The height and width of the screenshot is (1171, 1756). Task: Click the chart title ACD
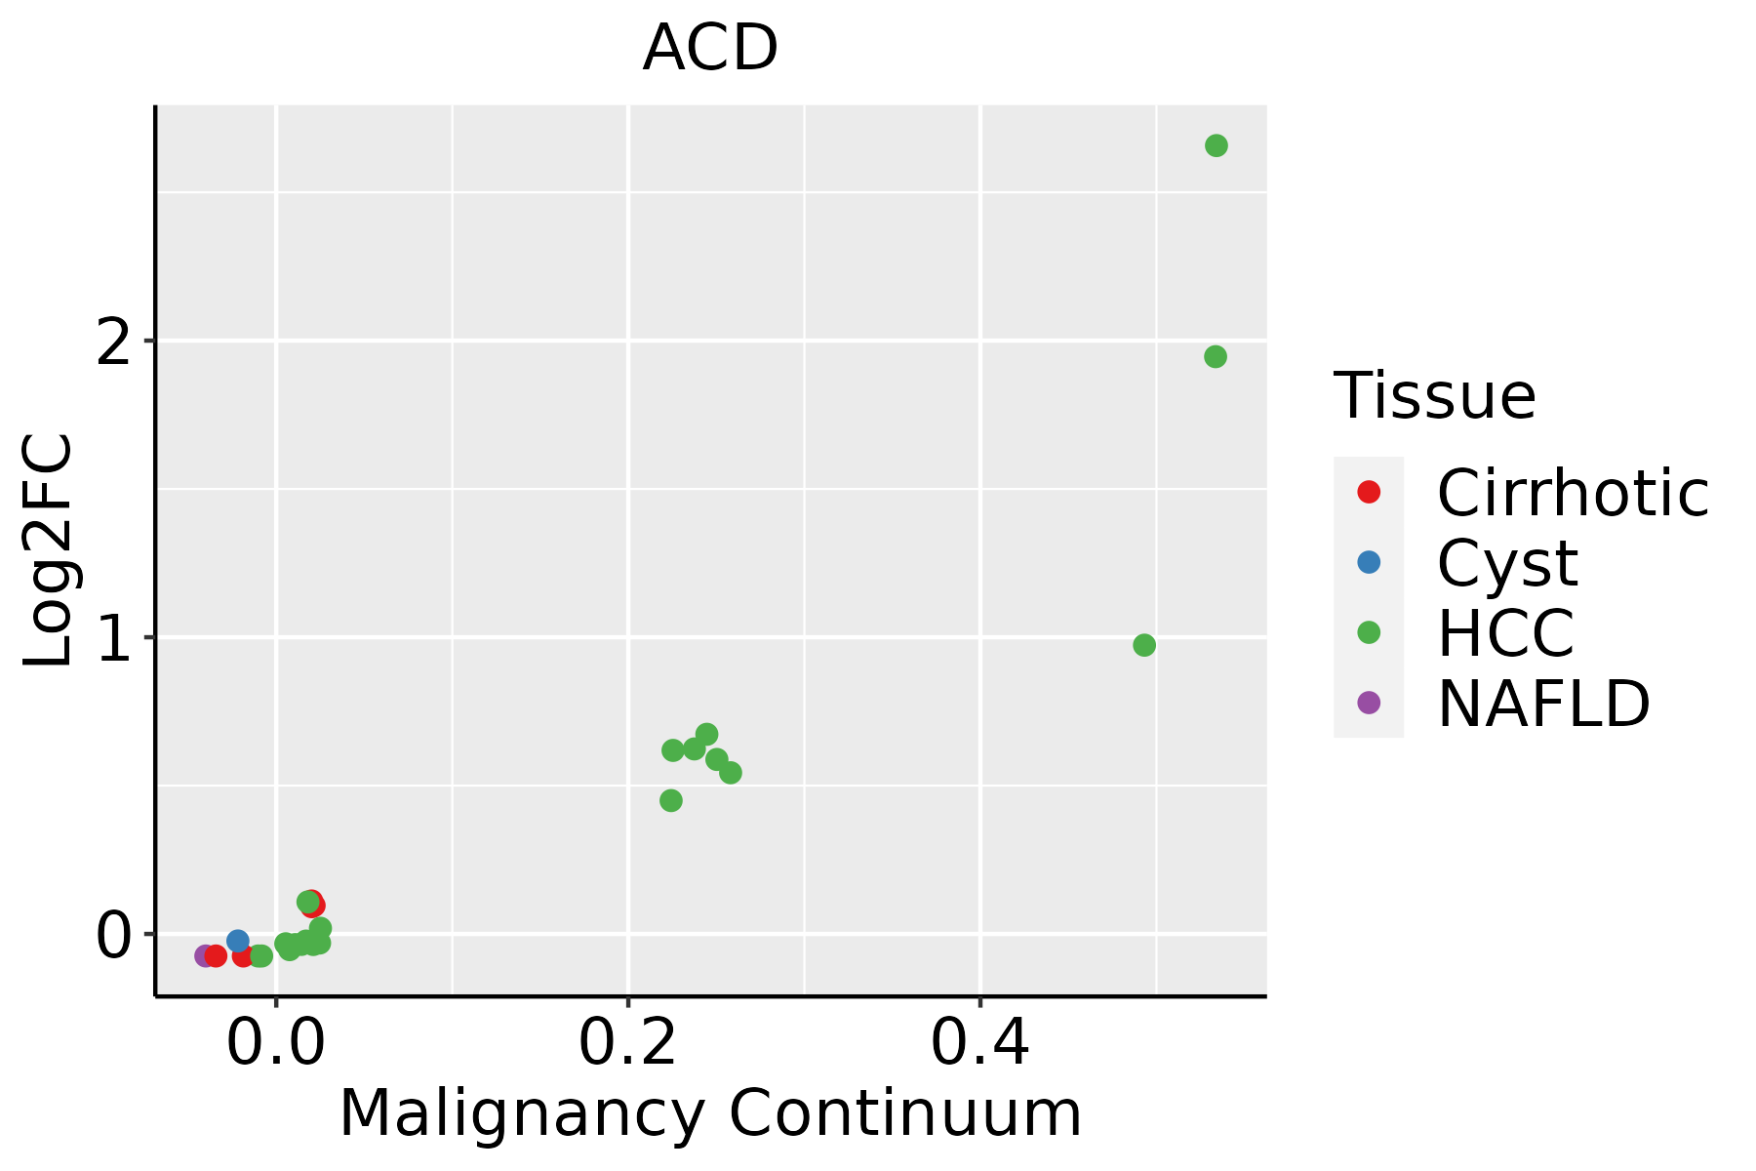(710, 49)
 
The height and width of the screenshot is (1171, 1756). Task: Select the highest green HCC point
(1216, 145)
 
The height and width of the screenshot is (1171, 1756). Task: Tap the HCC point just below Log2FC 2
(1215, 357)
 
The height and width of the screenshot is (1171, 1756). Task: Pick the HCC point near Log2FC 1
(1144, 645)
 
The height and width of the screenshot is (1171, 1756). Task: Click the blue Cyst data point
(237, 941)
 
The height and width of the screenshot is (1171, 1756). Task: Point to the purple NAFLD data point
(204, 955)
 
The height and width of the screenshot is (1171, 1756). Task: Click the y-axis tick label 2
(113, 342)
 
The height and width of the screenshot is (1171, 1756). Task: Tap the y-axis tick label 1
(113, 638)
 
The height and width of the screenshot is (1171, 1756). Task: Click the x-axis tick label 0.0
(276, 1045)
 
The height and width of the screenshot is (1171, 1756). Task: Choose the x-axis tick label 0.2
(628, 1045)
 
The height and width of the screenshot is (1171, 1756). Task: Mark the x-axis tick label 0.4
(979, 1045)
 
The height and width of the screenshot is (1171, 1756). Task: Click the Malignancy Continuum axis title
(710, 1113)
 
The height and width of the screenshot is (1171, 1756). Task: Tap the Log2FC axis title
(49, 551)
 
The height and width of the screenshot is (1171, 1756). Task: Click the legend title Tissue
(1434, 396)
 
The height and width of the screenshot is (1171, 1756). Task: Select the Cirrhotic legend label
(1573, 493)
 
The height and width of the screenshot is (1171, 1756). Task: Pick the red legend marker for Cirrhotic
(1369, 492)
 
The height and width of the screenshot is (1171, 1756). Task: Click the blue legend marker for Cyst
(1369, 562)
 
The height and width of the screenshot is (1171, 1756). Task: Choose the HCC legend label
(1505, 633)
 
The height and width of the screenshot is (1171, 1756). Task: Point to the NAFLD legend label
(1543, 704)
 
